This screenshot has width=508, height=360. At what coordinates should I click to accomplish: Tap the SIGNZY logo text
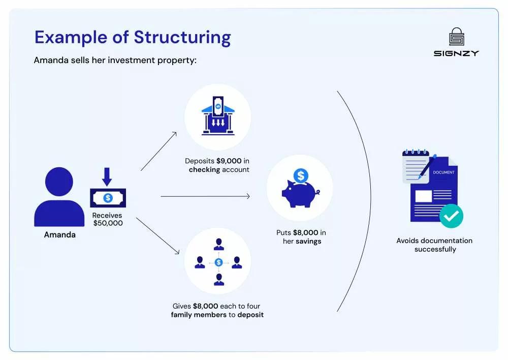click(x=456, y=53)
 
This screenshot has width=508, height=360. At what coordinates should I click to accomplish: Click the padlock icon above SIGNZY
click(x=456, y=37)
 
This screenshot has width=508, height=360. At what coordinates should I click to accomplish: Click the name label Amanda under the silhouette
click(x=59, y=235)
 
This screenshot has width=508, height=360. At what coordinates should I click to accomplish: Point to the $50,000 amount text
click(x=108, y=223)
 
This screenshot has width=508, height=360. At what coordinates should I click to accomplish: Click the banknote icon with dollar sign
click(x=108, y=198)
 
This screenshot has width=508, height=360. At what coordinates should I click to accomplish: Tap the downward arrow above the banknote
click(x=107, y=176)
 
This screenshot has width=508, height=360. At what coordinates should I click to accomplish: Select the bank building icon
click(x=217, y=117)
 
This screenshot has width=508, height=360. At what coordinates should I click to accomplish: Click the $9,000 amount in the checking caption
click(x=229, y=161)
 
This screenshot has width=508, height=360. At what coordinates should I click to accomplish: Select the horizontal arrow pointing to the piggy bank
click(x=205, y=196)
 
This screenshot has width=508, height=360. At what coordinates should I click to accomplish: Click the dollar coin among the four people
click(x=218, y=262)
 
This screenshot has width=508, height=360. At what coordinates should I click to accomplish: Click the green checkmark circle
click(x=451, y=216)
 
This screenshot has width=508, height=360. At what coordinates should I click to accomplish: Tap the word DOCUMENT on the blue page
click(x=443, y=172)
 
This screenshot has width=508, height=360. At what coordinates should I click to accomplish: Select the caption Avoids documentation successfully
click(x=434, y=245)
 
